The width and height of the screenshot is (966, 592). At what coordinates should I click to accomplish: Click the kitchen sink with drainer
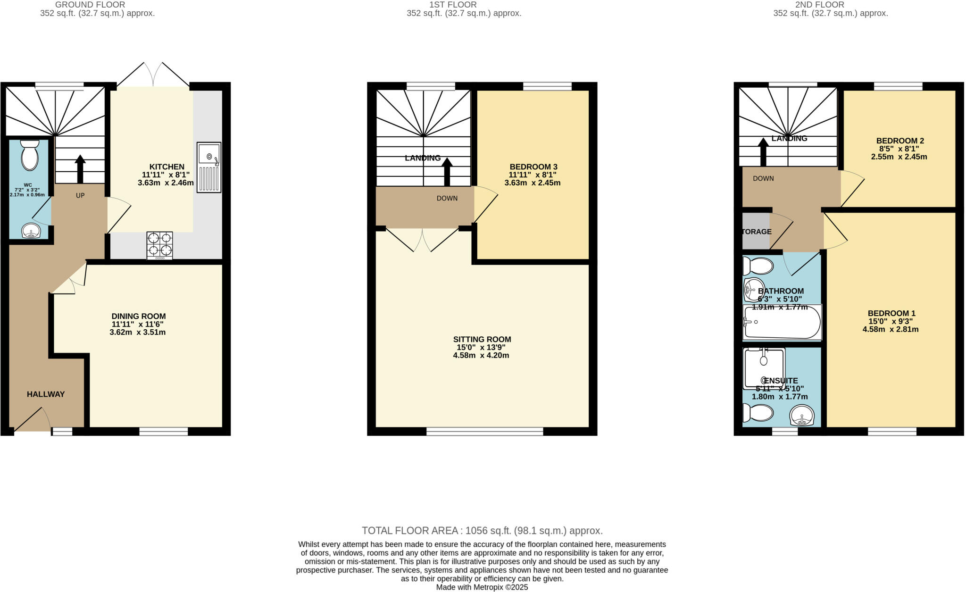208,167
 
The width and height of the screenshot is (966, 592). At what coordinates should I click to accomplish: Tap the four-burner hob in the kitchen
159,245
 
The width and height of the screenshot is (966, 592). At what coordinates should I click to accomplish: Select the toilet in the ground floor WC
30,155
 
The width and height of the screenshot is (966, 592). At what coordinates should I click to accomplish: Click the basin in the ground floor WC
32,231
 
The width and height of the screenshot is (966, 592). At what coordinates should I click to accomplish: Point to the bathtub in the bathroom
782,322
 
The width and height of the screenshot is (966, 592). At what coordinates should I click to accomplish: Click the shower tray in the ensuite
764,368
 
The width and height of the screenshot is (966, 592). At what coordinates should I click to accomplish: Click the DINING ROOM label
139,316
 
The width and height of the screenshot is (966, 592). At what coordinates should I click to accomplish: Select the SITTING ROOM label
482,339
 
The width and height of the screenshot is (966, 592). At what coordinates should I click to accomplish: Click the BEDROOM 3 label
533,167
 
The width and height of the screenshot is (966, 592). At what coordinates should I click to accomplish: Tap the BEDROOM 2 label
899,141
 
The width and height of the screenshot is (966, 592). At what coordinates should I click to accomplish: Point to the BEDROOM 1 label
891,313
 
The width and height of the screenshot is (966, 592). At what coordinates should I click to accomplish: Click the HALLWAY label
46,394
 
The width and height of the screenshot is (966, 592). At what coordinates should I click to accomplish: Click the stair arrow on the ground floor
80,169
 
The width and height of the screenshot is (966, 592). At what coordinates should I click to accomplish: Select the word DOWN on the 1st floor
447,198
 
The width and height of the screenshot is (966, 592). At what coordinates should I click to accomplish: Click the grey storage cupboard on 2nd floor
755,231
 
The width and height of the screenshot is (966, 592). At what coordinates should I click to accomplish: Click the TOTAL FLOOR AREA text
482,530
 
